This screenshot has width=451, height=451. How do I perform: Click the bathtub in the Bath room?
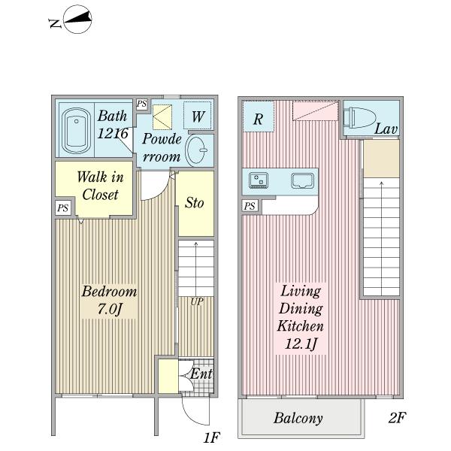click(x=76, y=131)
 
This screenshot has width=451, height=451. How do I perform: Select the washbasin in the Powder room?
click(x=196, y=150)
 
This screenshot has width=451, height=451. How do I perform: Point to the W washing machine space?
click(x=198, y=116)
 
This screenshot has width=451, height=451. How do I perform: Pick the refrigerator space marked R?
click(x=258, y=117)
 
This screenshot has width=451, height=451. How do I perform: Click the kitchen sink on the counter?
click(x=302, y=181)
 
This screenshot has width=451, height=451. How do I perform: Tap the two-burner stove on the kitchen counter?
click(x=259, y=180)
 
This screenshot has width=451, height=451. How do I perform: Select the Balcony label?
click(x=298, y=418)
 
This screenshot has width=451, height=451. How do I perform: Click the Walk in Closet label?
click(x=101, y=185)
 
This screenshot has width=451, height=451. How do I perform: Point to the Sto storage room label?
click(x=195, y=203)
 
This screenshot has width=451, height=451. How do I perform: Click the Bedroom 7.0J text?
click(x=109, y=300)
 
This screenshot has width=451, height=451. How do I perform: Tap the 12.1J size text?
click(x=301, y=344)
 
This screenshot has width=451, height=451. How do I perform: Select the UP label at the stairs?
click(x=197, y=301)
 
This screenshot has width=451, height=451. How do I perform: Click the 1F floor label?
click(x=212, y=437)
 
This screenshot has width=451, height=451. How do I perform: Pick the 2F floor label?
click(x=397, y=418)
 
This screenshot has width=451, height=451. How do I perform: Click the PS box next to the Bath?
click(x=142, y=104)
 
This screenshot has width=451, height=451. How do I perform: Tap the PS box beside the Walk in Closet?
click(x=63, y=207)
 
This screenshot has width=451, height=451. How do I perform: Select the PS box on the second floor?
click(x=250, y=206)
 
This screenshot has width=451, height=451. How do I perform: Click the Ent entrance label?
click(x=201, y=374)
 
